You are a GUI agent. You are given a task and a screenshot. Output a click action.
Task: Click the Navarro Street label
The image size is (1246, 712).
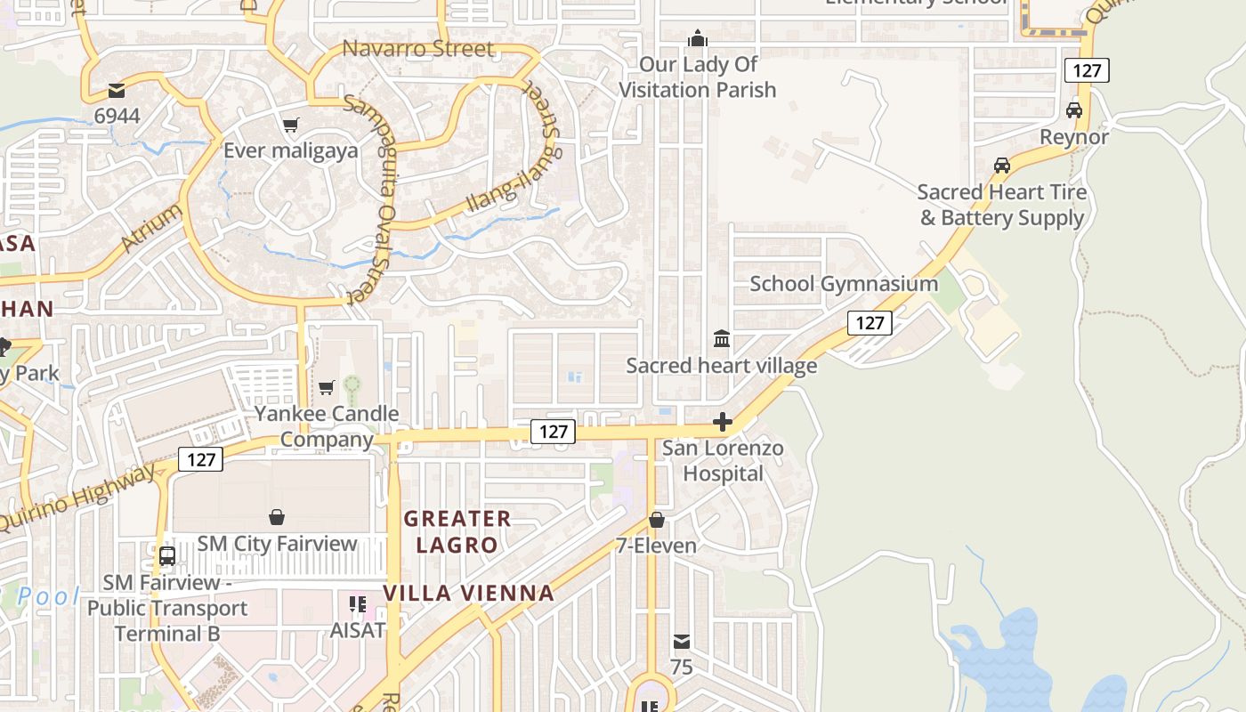(417, 48)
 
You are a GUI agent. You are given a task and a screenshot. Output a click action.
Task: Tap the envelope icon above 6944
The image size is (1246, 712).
(117, 90)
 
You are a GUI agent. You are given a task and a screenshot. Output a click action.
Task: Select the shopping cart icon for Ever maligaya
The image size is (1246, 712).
(290, 125)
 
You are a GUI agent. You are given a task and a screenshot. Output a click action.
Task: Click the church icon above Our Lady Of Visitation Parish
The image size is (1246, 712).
(698, 38)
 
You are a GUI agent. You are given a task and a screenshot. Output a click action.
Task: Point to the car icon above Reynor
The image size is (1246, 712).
(1074, 110)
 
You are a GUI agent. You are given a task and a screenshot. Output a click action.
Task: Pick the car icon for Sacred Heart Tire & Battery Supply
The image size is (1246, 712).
(1002, 166)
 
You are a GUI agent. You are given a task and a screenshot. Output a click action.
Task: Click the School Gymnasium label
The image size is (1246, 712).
(844, 284)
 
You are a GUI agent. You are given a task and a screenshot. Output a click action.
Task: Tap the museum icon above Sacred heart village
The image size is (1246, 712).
(722, 339)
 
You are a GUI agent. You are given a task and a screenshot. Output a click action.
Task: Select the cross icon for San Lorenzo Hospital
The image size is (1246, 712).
(723, 422)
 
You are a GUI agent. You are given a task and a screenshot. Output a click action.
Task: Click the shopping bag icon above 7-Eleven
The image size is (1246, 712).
(657, 520)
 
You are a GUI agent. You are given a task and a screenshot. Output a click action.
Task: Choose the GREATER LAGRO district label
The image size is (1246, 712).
(457, 531)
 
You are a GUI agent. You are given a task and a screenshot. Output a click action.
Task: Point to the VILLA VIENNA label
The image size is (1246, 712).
(469, 593)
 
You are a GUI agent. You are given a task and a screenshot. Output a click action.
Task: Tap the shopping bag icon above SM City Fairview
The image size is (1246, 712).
(277, 517)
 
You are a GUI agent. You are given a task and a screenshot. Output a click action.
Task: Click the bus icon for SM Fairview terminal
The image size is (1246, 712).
(166, 556)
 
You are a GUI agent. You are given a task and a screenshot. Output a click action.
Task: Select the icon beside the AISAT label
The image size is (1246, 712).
(358, 605)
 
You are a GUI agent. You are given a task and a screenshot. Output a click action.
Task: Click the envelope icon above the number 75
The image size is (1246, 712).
(681, 642)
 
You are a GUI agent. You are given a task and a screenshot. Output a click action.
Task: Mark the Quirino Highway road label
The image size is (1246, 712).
(78, 498)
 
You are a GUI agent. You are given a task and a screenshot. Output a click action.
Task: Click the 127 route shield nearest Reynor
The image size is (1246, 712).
(1087, 70)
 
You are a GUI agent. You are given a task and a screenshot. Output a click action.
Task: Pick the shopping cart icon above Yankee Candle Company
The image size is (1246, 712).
(327, 388)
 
